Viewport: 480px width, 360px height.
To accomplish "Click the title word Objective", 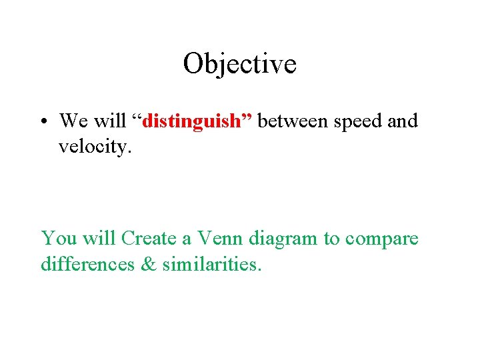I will click(239, 65).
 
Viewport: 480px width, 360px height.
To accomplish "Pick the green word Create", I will click(148, 238).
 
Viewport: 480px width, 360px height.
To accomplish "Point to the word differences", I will click(86, 264).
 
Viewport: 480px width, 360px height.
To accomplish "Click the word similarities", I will click(212, 264).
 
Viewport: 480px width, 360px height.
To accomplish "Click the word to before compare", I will click(332, 239).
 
